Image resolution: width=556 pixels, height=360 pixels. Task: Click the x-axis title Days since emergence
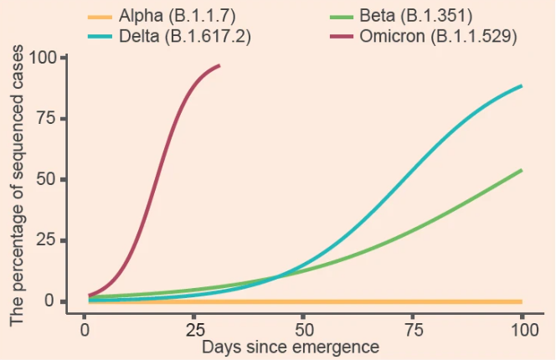(291, 346)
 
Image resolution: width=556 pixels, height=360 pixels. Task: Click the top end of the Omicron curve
(219, 65)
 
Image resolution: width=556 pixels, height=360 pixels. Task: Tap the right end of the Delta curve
(522, 86)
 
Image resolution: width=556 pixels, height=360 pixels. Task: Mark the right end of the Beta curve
(522, 171)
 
